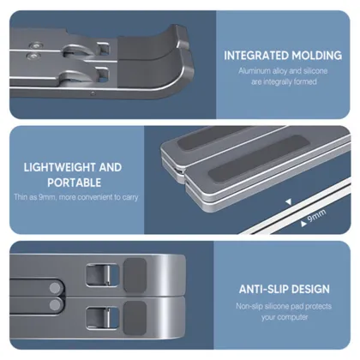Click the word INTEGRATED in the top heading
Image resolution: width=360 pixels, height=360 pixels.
(x=252, y=56)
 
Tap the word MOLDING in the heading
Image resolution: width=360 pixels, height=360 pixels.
(x=313, y=56)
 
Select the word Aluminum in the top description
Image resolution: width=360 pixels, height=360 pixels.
(x=255, y=71)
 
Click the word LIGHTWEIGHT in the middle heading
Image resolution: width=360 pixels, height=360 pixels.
(x=60, y=167)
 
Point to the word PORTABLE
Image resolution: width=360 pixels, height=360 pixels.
(x=75, y=183)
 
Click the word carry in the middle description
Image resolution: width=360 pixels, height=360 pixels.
(x=130, y=197)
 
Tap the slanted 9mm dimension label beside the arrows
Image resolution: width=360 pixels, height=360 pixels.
(x=316, y=216)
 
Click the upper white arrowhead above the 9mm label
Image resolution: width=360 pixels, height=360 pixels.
(x=289, y=201)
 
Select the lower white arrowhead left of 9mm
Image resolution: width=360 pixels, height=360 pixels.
(x=303, y=224)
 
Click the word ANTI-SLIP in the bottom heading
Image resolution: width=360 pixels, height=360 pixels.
(x=262, y=289)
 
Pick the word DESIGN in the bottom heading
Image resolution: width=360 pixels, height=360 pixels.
(x=309, y=289)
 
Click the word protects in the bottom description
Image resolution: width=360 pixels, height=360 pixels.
(x=318, y=307)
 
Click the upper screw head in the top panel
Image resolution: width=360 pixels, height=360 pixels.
(x=35, y=45)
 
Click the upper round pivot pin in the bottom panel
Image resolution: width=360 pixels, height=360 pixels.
(x=55, y=288)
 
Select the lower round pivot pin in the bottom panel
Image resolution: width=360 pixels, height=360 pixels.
(x=55, y=305)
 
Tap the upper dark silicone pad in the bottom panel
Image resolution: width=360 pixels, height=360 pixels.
(x=135, y=275)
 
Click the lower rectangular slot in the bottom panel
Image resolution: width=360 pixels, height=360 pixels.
(x=102, y=318)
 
